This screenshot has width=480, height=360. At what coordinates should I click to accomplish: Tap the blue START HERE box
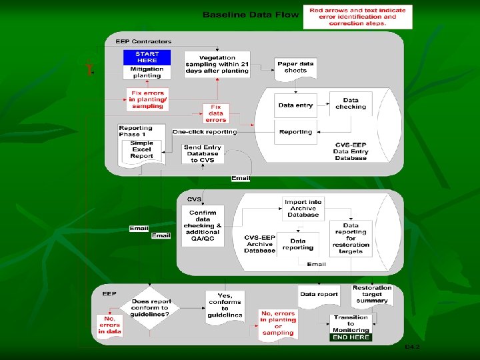tap(147, 57)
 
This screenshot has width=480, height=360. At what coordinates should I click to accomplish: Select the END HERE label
tap(351, 337)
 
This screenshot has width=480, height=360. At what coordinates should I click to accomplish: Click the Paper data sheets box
tap(295, 67)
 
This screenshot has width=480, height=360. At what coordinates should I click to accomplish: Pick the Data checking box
tap(351, 103)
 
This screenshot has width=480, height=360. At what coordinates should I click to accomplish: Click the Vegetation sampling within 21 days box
tap(218, 65)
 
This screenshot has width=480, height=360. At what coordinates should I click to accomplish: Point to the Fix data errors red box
tap(215, 113)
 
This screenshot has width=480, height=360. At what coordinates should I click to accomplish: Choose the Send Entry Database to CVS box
tap(203, 154)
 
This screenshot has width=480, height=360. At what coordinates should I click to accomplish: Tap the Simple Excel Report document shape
tap(141, 151)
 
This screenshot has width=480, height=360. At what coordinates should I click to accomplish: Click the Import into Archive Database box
tap(303, 208)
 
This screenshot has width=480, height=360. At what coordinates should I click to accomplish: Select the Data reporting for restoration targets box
tap(351, 239)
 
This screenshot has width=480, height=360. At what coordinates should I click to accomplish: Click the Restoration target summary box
tap(372, 295)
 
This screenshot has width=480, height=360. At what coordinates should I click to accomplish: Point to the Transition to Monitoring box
tap(351, 323)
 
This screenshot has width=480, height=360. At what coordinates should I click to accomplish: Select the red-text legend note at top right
tap(357, 17)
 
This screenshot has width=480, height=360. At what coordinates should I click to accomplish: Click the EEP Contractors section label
tap(143, 41)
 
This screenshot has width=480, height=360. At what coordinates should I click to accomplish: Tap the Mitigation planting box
tap(147, 72)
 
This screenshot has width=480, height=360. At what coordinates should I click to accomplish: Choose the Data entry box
tap(295, 105)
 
